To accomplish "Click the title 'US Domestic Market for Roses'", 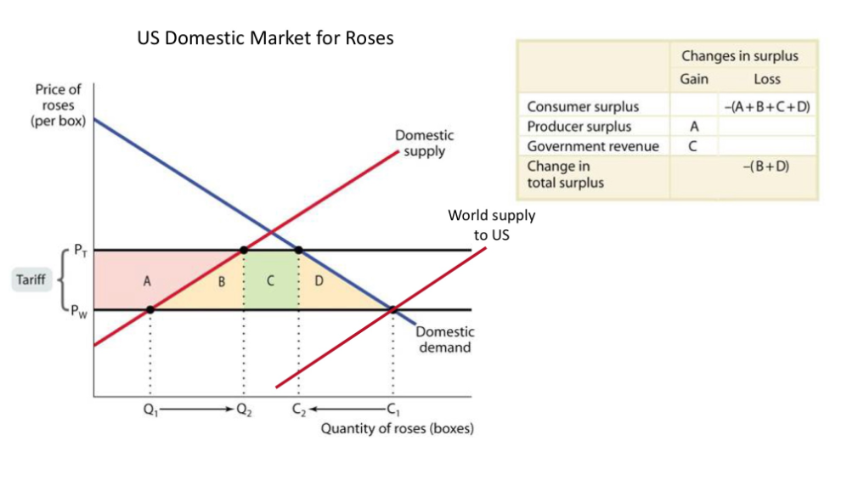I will point(265,38).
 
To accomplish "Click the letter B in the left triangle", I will point(221,281).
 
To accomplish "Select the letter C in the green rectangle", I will point(270,281).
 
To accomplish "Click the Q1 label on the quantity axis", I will point(150,409).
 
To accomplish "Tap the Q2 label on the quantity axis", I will point(244,409).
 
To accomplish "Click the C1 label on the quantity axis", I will point(392,409).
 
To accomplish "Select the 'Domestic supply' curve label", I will point(424,143).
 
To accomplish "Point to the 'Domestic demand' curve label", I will point(444,340).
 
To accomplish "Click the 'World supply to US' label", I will point(492,224).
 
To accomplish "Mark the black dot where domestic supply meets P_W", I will point(150,309).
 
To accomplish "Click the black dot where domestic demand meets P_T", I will point(299,250).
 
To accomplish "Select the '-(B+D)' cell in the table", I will point(765,167).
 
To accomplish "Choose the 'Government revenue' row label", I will point(592,146).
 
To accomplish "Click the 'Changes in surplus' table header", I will point(739,57).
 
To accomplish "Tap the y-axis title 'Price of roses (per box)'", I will point(58,106).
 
